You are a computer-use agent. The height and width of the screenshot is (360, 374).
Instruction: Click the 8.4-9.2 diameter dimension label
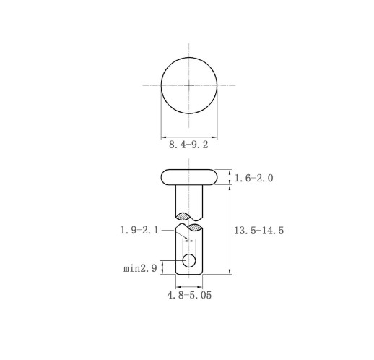tap(188, 145)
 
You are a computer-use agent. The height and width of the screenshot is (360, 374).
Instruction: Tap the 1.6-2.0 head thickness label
tap(253, 179)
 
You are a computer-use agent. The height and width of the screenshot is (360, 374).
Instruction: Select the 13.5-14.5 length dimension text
tap(259, 231)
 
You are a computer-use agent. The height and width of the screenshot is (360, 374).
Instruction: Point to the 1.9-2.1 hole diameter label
tap(139, 230)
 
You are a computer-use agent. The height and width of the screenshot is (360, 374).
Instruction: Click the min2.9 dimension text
tap(140, 268)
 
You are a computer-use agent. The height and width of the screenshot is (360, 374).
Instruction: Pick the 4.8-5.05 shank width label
tap(189, 295)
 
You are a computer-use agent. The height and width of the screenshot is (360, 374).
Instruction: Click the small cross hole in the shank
tap(189, 260)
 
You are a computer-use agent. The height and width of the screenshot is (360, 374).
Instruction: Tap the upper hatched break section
tap(183, 216)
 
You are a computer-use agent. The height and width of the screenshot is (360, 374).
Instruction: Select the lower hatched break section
tap(195, 228)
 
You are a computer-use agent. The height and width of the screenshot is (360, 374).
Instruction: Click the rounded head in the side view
tap(189, 177)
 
